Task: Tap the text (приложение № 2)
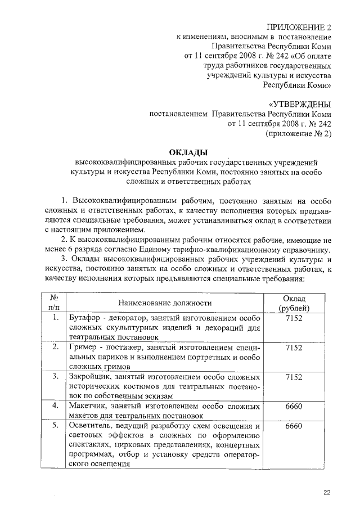coord(298,134)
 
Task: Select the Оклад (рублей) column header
coord(294,303)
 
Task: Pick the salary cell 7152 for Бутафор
coord(294,318)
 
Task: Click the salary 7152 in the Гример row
coord(294,348)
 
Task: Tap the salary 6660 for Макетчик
coord(294,406)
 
